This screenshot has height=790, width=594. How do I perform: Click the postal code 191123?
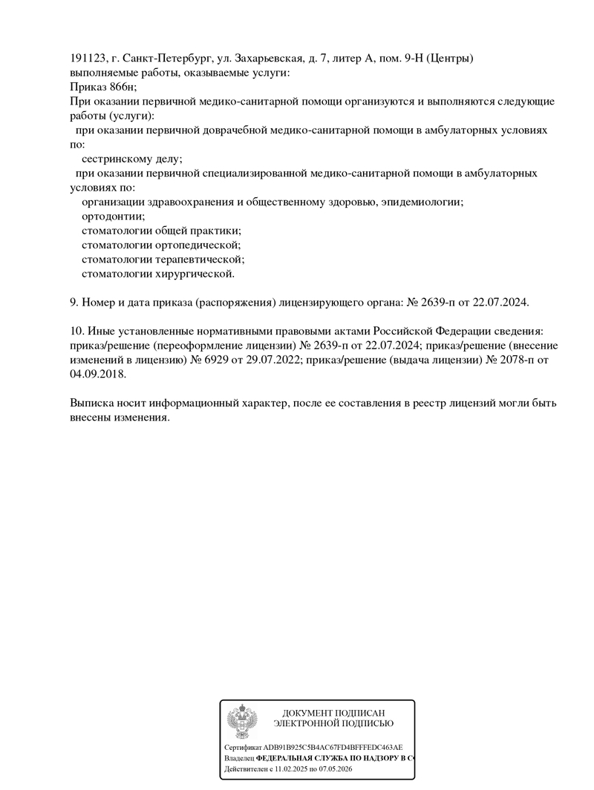tap(87, 59)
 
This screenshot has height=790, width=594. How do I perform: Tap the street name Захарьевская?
tap(265, 59)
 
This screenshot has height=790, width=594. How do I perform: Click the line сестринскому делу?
tap(131, 159)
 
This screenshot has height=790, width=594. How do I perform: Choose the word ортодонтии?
tap(113, 217)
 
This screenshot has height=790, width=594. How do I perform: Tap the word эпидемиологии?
tap(421, 202)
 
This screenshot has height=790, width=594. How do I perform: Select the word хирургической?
tap(195, 274)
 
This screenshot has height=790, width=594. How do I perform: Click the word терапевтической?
tap(200, 260)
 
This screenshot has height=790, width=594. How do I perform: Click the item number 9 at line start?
tap(72, 303)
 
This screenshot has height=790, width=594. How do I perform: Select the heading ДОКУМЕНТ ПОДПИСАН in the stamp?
tap(333, 713)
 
